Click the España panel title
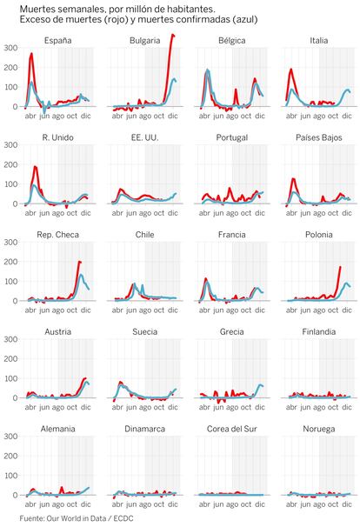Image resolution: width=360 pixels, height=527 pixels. coord(57,41)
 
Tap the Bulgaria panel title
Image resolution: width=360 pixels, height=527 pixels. coord(145,41)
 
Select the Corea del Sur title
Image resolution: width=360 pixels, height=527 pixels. coord(232,429)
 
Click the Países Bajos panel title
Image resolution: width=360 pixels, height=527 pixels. coord(319,137)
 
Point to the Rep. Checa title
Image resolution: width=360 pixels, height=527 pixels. coord(57,235)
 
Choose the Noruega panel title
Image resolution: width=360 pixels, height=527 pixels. coord(319,429)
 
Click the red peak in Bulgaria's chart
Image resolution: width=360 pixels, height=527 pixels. coord(172,35)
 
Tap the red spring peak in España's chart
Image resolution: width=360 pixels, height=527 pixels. coord(31,53)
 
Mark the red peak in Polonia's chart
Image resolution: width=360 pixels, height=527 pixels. coord(340,267)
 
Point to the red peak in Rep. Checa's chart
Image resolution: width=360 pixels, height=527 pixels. coord(79,262)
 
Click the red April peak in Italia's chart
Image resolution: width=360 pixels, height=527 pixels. coord(291,70)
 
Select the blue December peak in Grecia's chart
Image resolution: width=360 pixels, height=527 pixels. coord(261,385)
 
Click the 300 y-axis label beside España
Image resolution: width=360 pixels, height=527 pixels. coord(10,48)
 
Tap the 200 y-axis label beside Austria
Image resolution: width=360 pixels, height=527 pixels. coord(10,358)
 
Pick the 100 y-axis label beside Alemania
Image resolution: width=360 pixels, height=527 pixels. coord(10,475)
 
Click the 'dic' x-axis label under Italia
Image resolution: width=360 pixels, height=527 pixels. coord(347,116)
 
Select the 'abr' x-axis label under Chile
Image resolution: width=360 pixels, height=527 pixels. coord(117,310)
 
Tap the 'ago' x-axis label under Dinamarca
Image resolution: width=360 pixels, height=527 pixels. coord(145,504)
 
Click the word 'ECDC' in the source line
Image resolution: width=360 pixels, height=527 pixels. coord(123,518)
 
